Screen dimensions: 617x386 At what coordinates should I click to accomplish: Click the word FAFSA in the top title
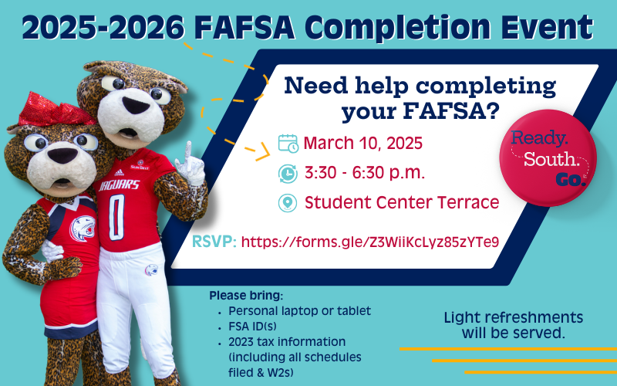pos(244,28)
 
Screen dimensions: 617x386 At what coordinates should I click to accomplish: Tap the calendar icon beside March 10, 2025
pos(288,144)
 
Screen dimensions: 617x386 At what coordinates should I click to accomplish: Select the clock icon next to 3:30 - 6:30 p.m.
pos(288,174)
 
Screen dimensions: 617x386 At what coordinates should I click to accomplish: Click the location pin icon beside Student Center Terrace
pos(288,203)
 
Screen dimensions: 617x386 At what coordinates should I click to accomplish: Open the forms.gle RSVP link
pos(370,242)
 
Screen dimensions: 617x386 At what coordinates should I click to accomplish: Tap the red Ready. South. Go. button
pos(548,158)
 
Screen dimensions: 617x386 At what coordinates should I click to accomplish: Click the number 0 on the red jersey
pos(117,217)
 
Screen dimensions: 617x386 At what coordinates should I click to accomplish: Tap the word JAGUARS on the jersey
pos(120,185)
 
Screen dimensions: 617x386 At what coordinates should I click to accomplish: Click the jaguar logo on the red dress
pos(83,229)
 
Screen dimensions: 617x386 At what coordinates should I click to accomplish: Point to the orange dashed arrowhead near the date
pos(262,151)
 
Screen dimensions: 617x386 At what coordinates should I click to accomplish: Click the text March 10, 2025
pos(362,143)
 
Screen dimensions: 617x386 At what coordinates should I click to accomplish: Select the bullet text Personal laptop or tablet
pos(299,311)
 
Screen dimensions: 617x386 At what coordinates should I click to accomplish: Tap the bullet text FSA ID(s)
pos(252,327)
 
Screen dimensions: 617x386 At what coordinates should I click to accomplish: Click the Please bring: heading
pos(246,296)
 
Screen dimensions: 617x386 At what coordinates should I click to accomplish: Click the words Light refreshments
pos(514,317)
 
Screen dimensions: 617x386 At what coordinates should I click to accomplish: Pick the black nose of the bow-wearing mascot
pos(62,156)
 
